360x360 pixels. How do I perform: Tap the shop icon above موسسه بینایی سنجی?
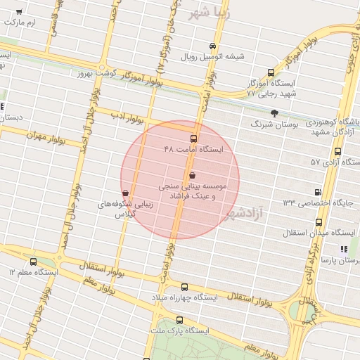tap(193, 174)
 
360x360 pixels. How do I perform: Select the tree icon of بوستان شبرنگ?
tap(274, 112)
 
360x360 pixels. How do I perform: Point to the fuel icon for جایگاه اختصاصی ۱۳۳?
tap(318, 191)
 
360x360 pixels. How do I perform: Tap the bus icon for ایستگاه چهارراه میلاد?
tap(184, 287)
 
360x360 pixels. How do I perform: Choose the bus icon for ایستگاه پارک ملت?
tap(160, 320)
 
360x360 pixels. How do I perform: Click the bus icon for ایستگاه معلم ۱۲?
tap(33, 262)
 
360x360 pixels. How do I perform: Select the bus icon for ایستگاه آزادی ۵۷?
tap(338, 151)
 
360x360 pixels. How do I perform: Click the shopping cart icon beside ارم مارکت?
tap(18, 13)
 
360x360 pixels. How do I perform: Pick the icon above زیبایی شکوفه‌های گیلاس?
tap(125, 193)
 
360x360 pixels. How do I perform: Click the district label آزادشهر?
tap(242, 212)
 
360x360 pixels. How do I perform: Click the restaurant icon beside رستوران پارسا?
tap(343, 250)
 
